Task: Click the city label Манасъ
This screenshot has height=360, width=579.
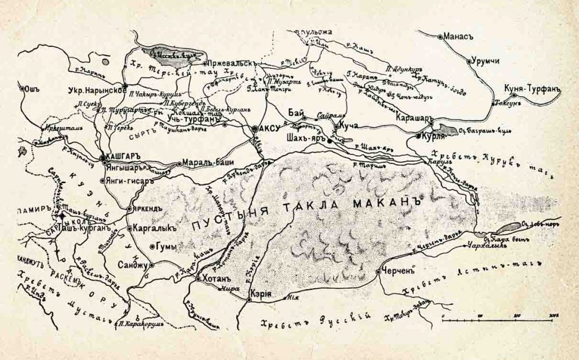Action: [x=459, y=36]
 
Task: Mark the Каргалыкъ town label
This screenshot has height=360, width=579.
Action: [x=152, y=229]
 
